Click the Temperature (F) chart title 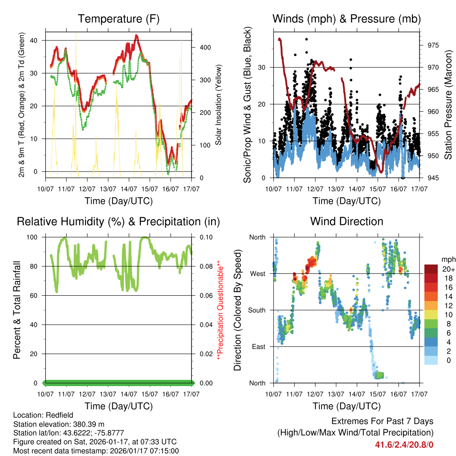tap(118, 19)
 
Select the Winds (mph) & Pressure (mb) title tap(347, 19)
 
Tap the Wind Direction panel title tap(347, 221)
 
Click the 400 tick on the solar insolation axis tap(200, 47)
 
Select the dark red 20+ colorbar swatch tap(431, 269)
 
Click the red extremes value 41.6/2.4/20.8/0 tap(404, 444)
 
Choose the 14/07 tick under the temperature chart tap(129, 189)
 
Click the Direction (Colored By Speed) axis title tap(238, 310)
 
